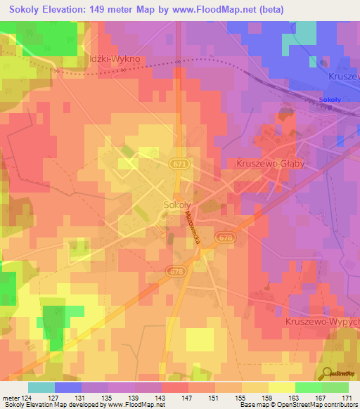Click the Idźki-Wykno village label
(x=115, y=60)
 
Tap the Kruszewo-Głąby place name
(x=265, y=163)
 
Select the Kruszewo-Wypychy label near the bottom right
(x=323, y=321)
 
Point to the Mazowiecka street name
(x=193, y=230)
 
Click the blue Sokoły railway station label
(x=330, y=100)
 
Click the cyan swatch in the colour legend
(x=41, y=387)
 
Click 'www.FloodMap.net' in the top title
(x=239, y=9)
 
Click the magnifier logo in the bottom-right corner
(x=328, y=374)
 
